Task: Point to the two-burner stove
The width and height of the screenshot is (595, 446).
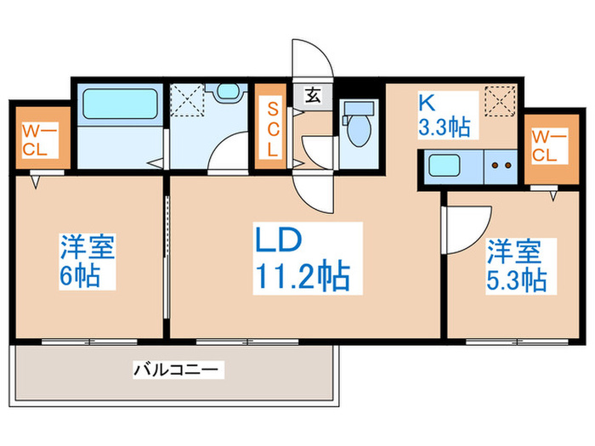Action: coord(501,167)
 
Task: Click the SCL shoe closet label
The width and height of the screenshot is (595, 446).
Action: coord(273,128)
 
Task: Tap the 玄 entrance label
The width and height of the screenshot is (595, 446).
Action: coord(313,95)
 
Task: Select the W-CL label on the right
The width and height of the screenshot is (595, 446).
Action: coord(546,145)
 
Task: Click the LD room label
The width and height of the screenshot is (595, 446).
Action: coord(277,241)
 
